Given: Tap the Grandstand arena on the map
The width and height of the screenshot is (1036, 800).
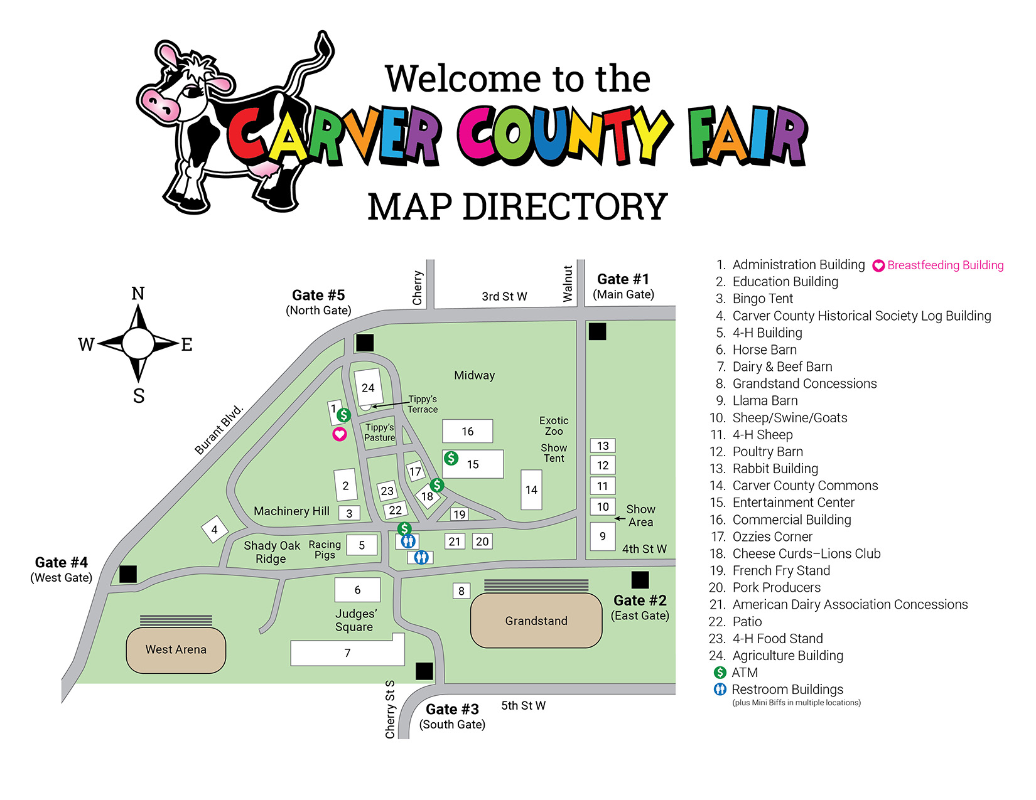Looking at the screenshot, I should point(536,621).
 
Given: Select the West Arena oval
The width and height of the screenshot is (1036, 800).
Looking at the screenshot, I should point(176,650).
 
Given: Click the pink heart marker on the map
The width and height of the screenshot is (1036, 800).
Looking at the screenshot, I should point(340,434).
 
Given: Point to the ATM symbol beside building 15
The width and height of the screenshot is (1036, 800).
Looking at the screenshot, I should point(451,458).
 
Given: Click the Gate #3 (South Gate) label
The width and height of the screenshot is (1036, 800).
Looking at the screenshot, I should point(452,716).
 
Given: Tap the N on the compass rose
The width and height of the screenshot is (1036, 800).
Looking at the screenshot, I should point(138,294).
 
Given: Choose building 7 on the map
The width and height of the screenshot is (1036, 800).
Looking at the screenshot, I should point(347,653).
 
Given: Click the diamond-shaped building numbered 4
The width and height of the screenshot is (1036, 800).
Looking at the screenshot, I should point(215,530).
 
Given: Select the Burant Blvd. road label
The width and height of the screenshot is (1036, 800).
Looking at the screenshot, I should point(219,430).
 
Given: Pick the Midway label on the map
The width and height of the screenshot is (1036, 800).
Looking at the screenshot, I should point(474,375).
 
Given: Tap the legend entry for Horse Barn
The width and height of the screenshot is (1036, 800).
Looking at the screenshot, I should point(764,349).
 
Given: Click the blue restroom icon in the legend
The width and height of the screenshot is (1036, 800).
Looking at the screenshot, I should point(720,690).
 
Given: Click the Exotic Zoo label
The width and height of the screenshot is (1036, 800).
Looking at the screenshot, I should point(554,426).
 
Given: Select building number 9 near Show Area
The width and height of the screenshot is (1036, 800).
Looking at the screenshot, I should point(603,536).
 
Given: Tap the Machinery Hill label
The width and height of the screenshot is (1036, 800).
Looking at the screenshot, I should point(291,511).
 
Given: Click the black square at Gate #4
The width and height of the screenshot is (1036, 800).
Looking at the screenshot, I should point(128,574).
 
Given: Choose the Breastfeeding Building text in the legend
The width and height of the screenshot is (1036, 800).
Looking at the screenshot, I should point(945,265).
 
